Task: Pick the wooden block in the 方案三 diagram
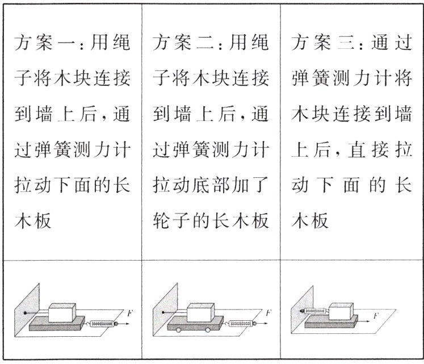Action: (x=343, y=311)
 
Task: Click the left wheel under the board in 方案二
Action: (x=178, y=330)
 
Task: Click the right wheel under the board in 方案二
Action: (x=216, y=330)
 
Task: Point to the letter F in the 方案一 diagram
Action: (x=131, y=313)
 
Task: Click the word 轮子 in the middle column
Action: (x=169, y=220)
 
